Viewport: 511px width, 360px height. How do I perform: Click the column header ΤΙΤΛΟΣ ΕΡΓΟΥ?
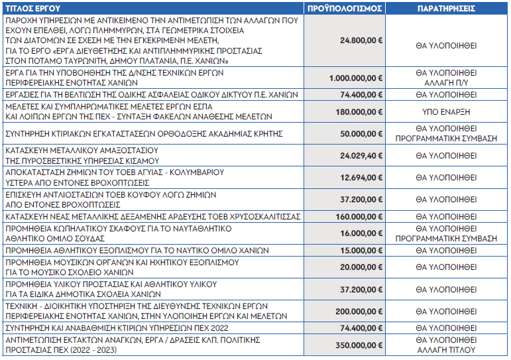33,9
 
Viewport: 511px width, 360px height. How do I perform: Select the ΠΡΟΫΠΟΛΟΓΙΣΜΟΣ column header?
345,9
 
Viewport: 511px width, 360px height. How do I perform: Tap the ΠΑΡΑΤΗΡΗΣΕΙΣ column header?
446,9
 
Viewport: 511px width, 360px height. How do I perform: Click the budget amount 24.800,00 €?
361,40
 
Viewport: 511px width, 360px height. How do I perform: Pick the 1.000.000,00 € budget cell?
356,78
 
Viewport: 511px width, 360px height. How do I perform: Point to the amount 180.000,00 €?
359,112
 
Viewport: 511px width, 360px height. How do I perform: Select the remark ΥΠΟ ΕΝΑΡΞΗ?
446,112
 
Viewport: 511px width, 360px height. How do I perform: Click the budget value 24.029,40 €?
361,156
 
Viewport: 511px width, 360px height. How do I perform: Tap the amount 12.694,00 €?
361,178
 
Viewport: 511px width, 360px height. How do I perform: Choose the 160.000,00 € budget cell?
359,217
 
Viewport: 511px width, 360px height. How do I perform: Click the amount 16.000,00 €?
361,233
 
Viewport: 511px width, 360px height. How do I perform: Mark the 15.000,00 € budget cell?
361,251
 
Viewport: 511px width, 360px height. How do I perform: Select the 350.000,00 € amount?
359,345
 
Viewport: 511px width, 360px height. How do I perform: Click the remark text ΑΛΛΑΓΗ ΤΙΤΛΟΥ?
446,350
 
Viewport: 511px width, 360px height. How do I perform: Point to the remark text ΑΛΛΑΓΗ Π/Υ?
446,83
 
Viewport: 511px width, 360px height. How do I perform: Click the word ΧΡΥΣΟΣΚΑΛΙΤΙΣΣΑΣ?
264,217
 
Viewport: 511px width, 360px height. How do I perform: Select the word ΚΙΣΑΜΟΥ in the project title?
141,160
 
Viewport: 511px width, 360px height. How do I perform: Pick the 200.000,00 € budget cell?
359,312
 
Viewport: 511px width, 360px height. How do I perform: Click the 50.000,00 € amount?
361,134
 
